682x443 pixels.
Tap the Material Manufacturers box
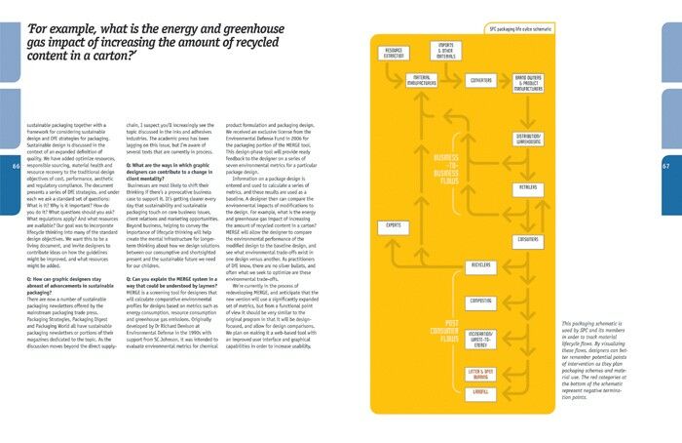422,80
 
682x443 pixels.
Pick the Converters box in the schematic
480,80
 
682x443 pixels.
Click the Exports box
395,226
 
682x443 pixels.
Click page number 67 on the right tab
666,166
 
